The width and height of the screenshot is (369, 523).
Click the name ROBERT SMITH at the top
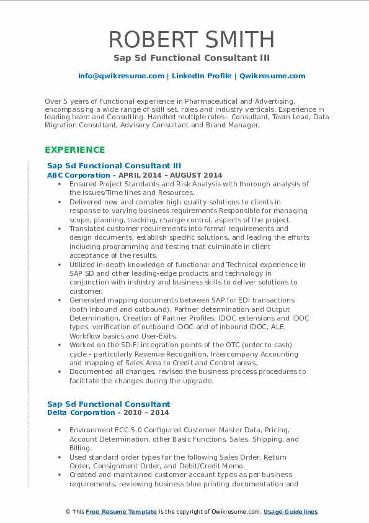point(192,39)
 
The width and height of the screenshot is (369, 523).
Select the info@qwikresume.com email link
point(121,76)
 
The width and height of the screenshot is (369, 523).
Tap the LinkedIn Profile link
point(202,76)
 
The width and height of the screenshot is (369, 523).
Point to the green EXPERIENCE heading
point(74,150)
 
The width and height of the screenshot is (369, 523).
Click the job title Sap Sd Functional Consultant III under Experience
point(114,166)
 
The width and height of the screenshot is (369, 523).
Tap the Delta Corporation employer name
point(73,412)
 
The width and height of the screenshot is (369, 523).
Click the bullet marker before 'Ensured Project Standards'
point(58,184)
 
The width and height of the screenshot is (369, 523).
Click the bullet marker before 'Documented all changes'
point(58,372)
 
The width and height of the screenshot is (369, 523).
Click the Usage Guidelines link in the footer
point(290,512)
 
